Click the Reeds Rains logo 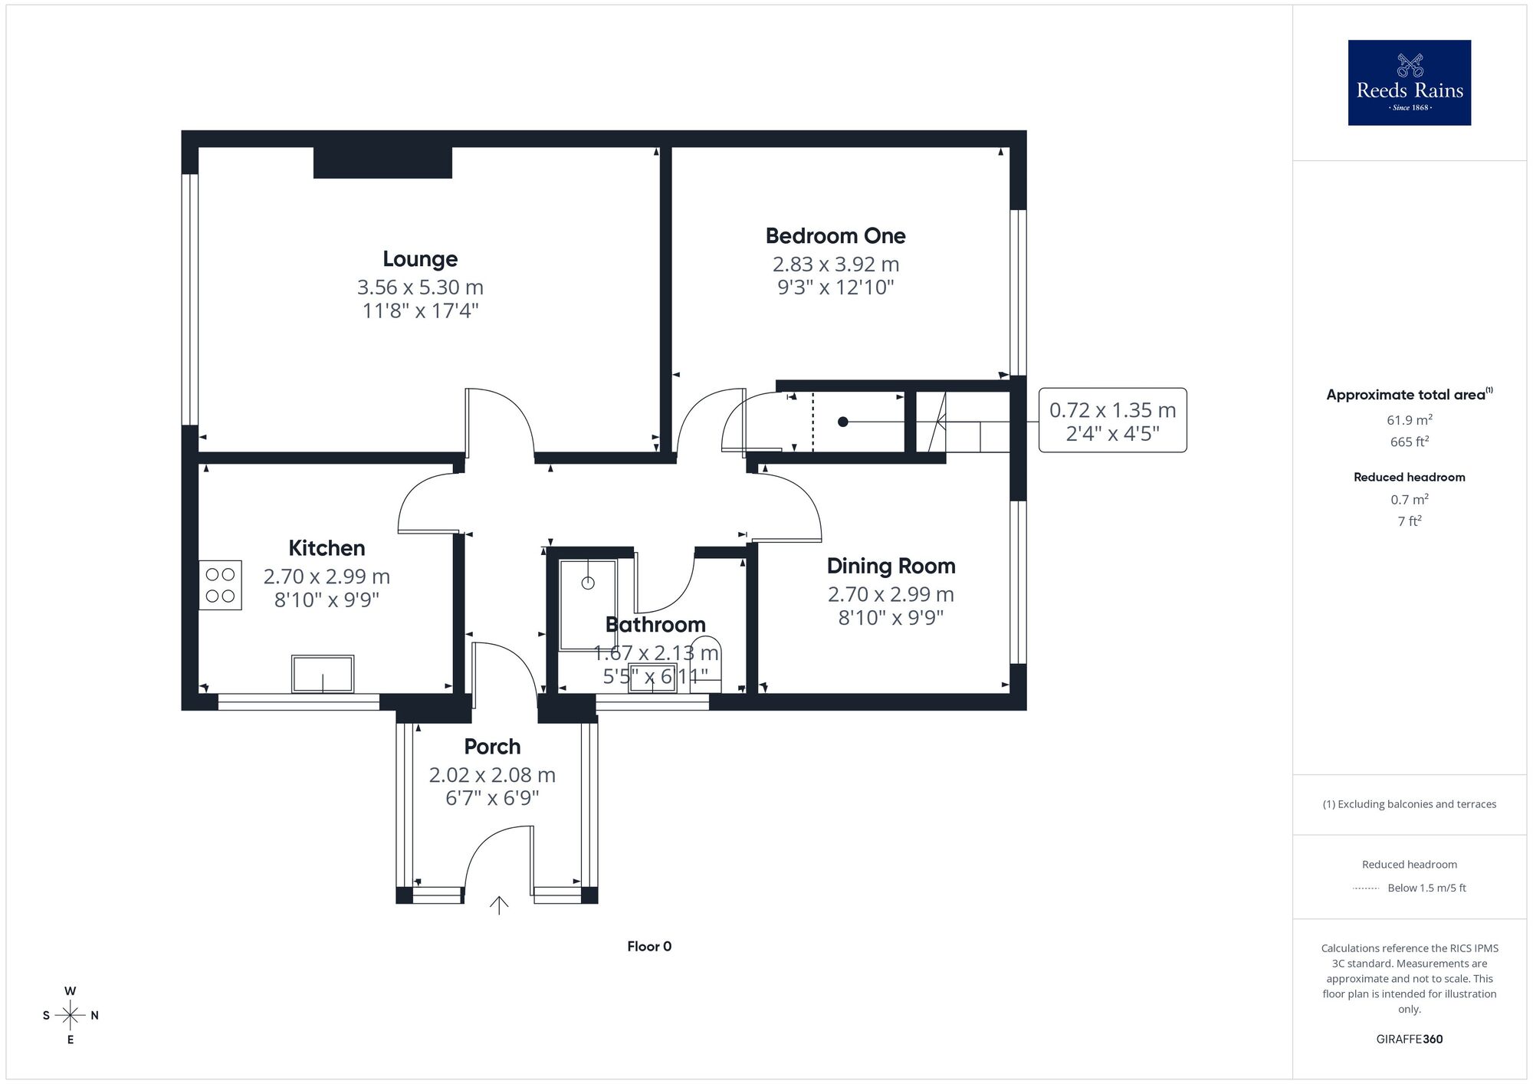coord(1409,83)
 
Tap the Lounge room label coord(420,259)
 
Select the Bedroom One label coord(835,236)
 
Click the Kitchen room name coord(327,548)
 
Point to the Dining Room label coord(891,567)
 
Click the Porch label coord(492,747)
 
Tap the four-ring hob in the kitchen coord(220,585)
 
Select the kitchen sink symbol coord(323,674)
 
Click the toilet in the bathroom coord(706,663)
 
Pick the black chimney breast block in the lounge coord(382,163)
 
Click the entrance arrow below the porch coord(499,905)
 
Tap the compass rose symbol coord(71,1016)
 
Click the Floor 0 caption coord(649,947)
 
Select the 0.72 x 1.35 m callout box coord(1112,421)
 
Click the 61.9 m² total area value coord(1409,420)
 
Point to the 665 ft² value coord(1409,442)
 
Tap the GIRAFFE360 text coord(1409,1040)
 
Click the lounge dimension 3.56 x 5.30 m coord(420,287)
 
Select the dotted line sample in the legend coord(1366,889)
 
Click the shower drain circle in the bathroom coord(588,583)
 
